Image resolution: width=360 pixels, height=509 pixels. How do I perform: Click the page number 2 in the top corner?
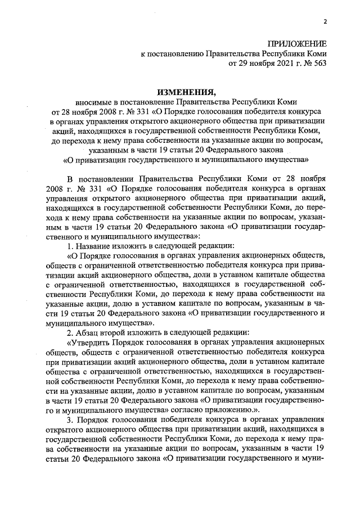[325, 21]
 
